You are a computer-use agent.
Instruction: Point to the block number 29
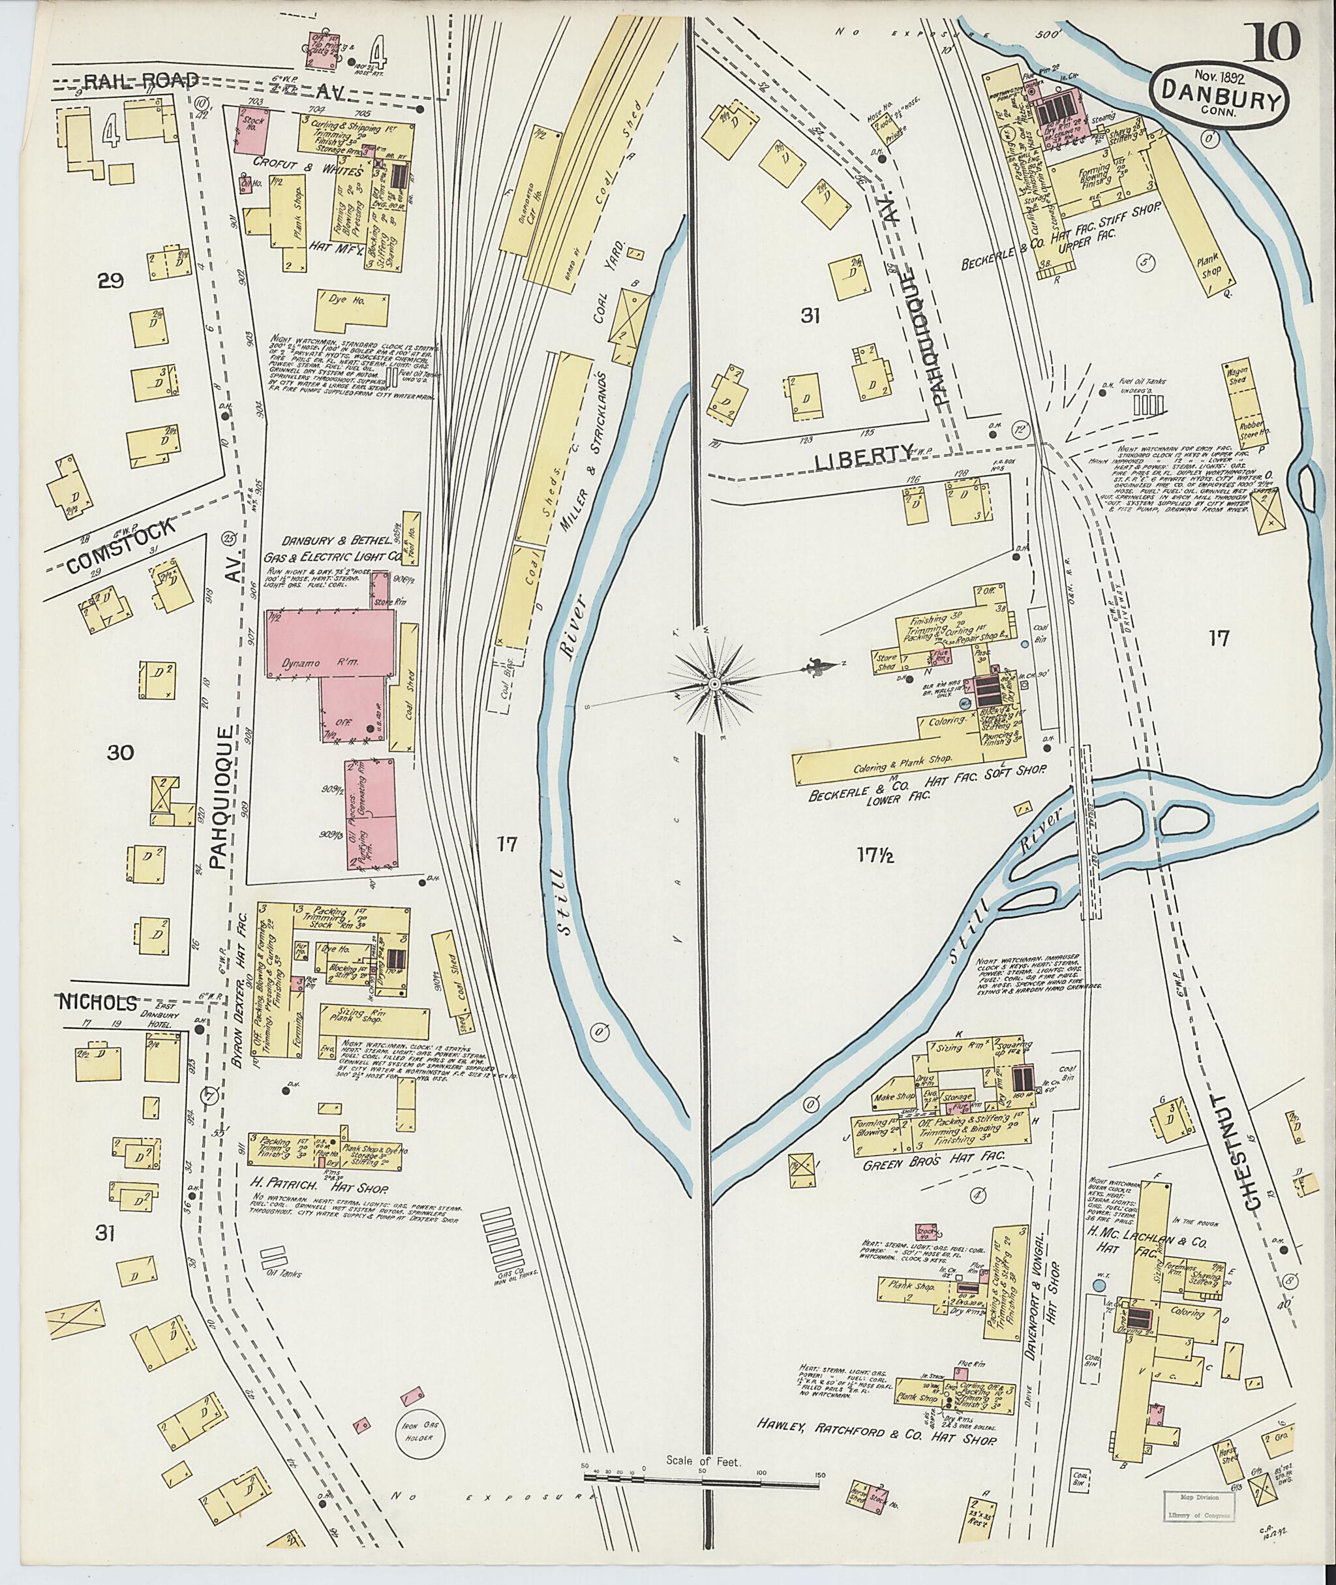point(111,281)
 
